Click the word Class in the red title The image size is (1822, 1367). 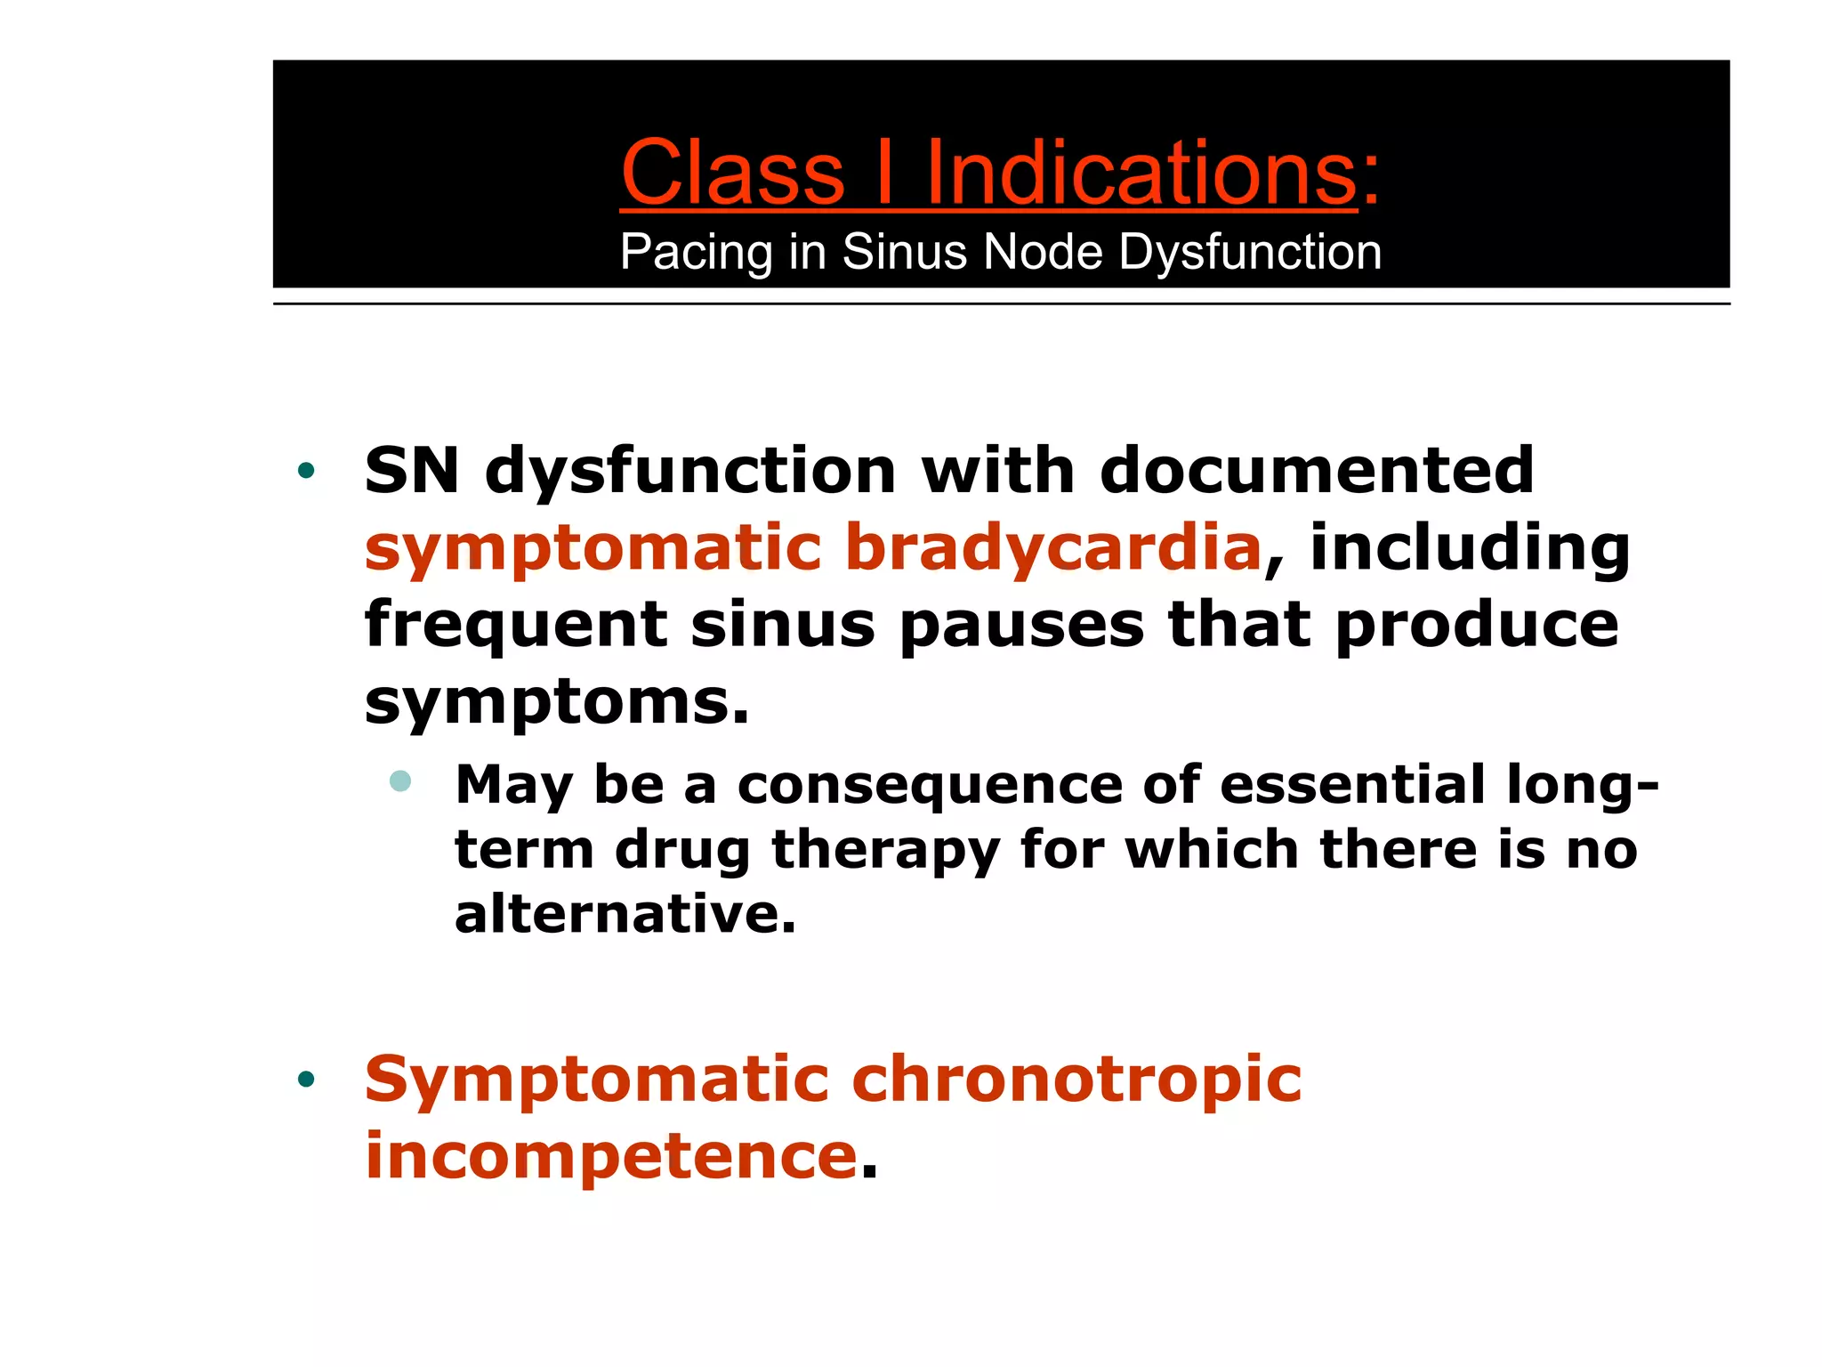pyautogui.click(x=732, y=173)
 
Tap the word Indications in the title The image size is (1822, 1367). pyautogui.click(x=1141, y=173)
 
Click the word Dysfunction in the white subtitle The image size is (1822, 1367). pyautogui.click(x=1250, y=252)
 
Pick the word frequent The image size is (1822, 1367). pyautogui.click(x=516, y=625)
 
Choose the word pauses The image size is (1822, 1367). pyautogui.click(x=1021, y=625)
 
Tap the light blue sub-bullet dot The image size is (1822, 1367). pyautogui.click(x=400, y=781)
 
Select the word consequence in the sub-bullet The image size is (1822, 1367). pyautogui.click(x=930, y=785)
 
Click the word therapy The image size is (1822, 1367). pyautogui.click(x=885, y=851)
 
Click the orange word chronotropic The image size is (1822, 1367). pyautogui.click(x=1076, y=1080)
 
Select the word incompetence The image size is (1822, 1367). pyautogui.click(x=611, y=1156)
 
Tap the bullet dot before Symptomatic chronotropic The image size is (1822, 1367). pyautogui.click(x=307, y=1080)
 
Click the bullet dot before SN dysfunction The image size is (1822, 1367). pyautogui.click(x=307, y=471)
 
